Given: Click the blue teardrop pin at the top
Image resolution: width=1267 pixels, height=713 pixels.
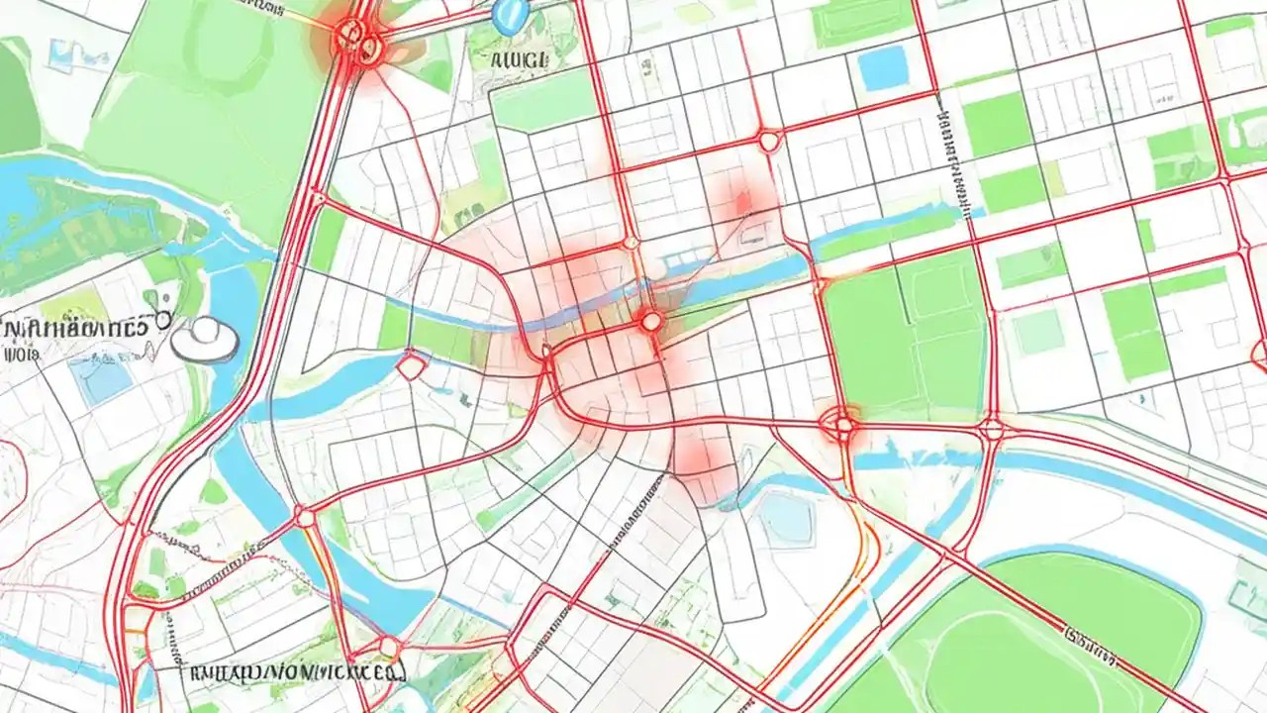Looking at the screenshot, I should [506, 13].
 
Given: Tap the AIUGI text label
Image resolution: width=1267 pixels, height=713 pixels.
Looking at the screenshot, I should [519, 59].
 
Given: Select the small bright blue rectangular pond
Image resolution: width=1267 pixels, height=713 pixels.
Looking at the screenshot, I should [883, 67].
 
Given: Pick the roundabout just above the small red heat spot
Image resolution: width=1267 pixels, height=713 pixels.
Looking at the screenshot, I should [769, 141].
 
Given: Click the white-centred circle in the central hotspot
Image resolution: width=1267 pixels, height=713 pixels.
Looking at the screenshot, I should [651, 320].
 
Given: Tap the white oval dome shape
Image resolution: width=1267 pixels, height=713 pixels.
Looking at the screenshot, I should [205, 339].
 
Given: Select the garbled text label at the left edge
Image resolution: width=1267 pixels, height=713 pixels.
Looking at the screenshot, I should [74, 325].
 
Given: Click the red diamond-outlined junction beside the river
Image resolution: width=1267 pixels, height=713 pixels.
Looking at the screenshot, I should [410, 366].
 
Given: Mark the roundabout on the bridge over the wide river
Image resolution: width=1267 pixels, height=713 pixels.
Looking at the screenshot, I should [305, 517].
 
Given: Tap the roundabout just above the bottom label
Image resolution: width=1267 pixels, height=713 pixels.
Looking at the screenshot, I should [389, 649].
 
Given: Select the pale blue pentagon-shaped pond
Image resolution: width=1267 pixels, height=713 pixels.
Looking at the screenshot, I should [788, 519].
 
